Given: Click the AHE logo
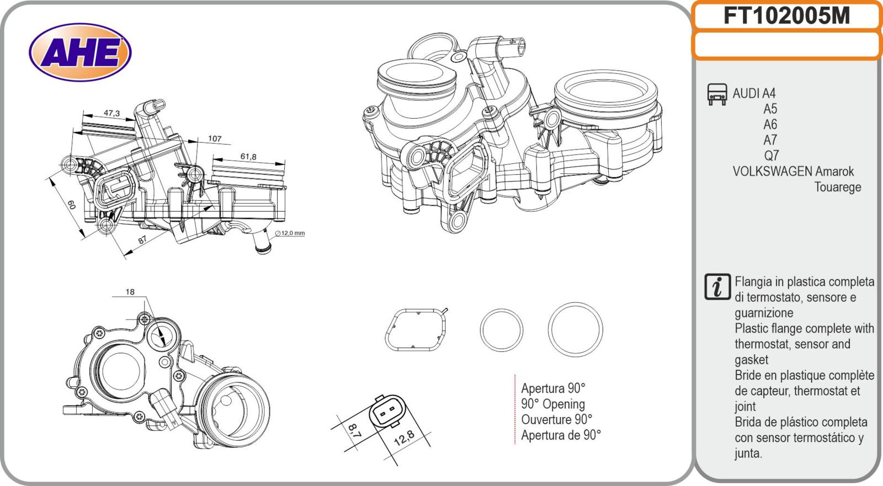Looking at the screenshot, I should click(80, 53).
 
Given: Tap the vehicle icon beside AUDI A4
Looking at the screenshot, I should click(716, 94).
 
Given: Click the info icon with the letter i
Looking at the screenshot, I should click(717, 287).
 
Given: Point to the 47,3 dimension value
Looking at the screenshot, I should click(111, 113).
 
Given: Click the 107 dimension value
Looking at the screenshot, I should click(214, 138).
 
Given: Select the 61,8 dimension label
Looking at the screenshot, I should click(248, 157).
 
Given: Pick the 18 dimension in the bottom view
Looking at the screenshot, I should click(130, 292).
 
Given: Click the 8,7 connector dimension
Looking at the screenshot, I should click(355, 430).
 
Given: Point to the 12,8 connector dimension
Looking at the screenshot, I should click(405, 439).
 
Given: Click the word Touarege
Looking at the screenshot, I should click(837, 187).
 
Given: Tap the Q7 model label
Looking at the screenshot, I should click(771, 156).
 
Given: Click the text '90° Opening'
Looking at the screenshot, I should click(552, 404).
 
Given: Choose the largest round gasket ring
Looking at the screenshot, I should click(575, 329).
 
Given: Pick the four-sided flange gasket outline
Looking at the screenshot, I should click(415, 330).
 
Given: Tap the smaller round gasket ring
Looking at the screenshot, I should click(501, 330).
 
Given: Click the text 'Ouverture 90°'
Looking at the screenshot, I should click(556, 419).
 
